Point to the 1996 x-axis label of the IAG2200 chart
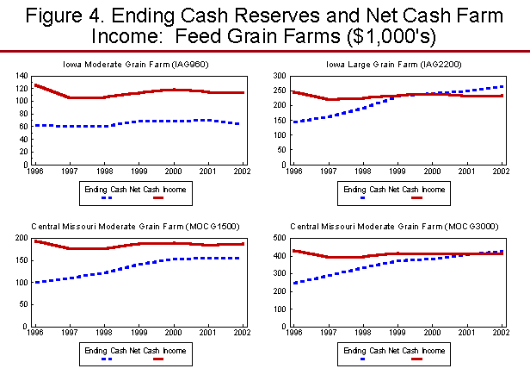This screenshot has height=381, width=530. pyautogui.click(x=295, y=171)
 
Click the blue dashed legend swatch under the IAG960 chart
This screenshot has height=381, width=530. pyautogui.click(x=108, y=197)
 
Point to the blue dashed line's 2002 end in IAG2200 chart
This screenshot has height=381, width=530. pyautogui.click(x=503, y=86)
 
